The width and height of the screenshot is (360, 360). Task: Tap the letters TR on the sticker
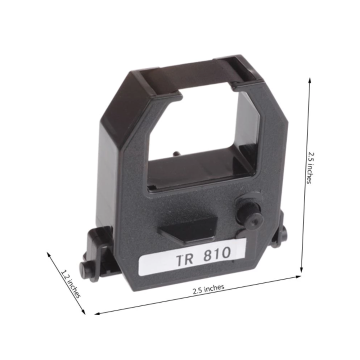(x=184, y=259)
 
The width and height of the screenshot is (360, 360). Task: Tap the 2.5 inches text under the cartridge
(x=208, y=288)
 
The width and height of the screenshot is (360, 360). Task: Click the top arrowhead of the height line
(x=310, y=79)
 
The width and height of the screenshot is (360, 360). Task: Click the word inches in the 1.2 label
(x=73, y=287)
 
